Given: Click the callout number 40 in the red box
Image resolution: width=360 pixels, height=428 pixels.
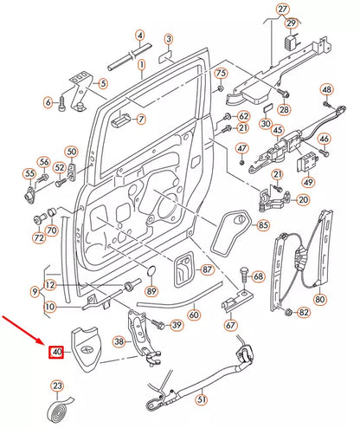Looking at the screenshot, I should point(57,353).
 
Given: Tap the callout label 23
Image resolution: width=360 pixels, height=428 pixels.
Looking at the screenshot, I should point(57,386).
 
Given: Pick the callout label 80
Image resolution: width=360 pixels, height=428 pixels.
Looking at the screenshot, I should point(321,300).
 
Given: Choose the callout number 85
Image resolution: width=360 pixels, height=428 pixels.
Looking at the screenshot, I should point(262,226).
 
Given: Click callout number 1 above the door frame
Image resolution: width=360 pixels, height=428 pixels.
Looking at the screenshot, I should point(140,64).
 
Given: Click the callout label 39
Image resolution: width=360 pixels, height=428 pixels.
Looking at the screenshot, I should point(177,325).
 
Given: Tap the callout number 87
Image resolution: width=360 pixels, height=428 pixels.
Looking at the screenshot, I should point(208,270).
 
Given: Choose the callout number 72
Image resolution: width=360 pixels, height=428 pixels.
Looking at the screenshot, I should point(38,237).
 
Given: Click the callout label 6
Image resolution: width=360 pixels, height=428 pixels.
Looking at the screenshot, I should point(48,102).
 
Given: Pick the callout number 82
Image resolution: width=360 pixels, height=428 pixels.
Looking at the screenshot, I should point(304,312).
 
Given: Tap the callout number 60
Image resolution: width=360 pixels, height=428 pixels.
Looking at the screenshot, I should point(194,315).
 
